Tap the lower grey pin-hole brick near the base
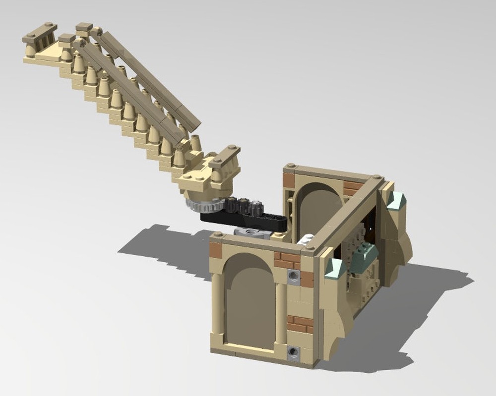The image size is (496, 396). click(x=294, y=351)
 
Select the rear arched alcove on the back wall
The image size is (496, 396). click(x=317, y=208)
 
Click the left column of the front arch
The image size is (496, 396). click(x=216, y=307)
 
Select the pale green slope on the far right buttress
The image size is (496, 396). click(x=397, y=201)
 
